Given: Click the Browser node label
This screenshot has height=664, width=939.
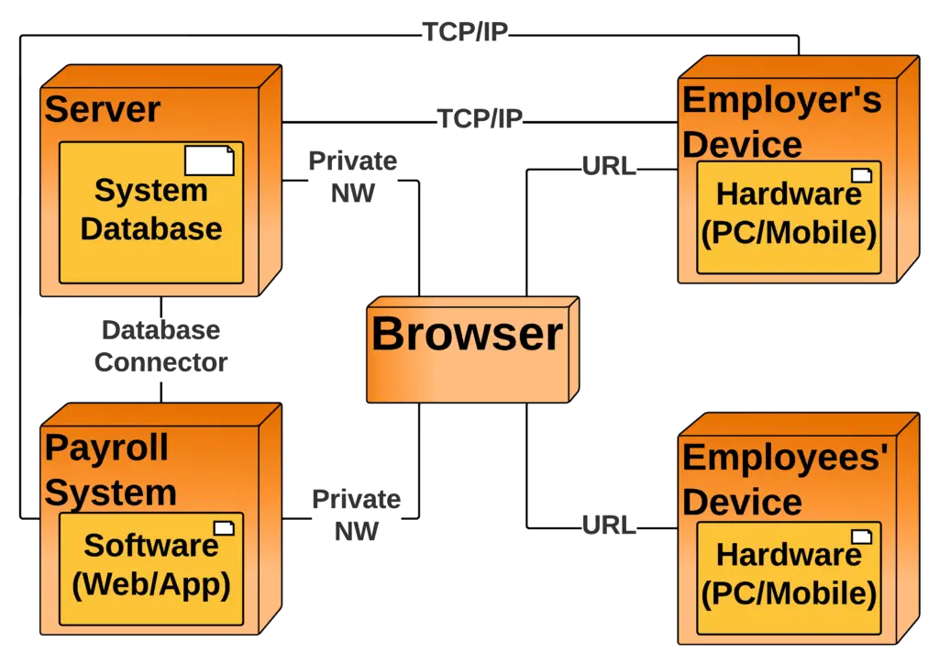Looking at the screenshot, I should click(x=466, y=334).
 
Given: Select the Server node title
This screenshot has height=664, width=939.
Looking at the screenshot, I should click(x=103, y=110).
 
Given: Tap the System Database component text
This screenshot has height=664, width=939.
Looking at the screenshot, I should click(x=151, y=210).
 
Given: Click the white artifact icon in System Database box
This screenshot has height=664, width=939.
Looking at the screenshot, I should click(x=209, y=162).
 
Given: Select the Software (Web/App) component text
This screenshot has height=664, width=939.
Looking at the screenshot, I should click(x=151, y=564).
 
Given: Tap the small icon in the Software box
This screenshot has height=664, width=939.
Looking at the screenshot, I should click(x=224, y=527).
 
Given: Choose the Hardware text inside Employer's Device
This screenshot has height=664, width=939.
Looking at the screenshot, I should click(x=789, y=213).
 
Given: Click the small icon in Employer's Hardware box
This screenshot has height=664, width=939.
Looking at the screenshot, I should click(x=861, y=175).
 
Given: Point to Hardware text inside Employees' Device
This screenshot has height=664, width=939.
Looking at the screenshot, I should click(x=789, y=573).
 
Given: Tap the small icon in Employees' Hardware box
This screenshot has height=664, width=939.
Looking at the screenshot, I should click(x=861, y=536).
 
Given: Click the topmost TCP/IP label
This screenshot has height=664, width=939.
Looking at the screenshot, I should click(x=464, y=34).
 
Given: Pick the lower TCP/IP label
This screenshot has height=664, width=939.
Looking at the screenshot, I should click(x=480, y=118).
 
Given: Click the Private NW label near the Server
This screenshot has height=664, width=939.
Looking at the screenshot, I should click(x=352, y=177).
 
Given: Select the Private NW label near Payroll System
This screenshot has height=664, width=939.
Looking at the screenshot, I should click(x=356, y=515).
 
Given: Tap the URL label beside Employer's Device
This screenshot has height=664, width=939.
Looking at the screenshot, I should click(x=608, y=167).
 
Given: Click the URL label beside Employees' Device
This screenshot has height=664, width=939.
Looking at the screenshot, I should click(x=608, y=526).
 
